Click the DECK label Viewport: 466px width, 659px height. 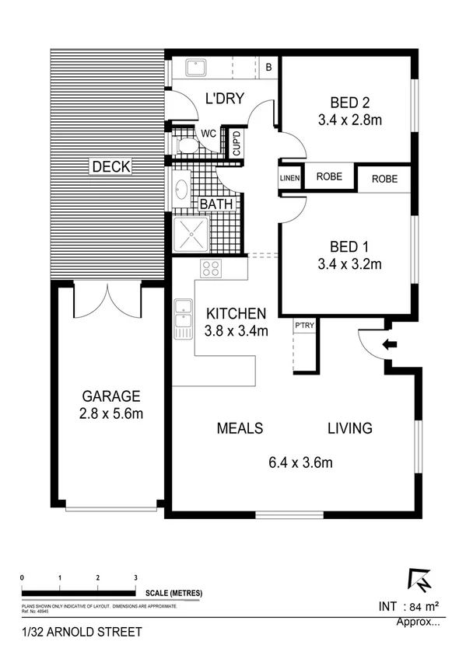pyautogui.click(x=110, y=166)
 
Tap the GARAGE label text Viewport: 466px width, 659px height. pyautogui.click(x=109, y=395)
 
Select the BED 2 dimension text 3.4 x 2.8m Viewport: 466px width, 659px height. pyautogui.click(x=349, y=120)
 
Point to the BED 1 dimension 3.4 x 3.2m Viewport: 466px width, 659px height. pyautogui.click(x=349, y=264)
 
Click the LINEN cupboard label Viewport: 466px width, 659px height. pyautogui.click(x=289, y=179)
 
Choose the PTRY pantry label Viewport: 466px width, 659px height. pyautogui.click(x=303, y=327)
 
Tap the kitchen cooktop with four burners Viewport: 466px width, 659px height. pyautogui.click(x=211, y=269)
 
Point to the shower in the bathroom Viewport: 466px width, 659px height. pyautogui.click(x=189, y=232)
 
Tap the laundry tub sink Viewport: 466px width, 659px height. pyautogui.click(x=193, y=68)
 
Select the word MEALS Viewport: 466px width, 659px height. pyautogui.click(x=240, y=428)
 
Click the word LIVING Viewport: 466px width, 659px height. pyautogui.click(x=349, y=428)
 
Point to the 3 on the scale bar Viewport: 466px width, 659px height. pyautogui.click(x=135, y=577)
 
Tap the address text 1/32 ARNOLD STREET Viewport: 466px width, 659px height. pyautogui.click(x=72, y=633)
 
